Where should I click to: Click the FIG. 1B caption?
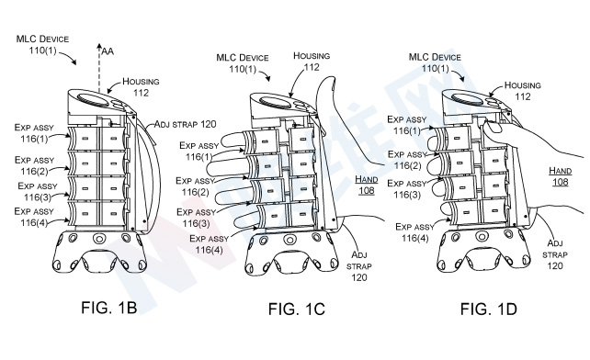pos(108,308)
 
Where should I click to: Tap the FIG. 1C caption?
pos(296,309)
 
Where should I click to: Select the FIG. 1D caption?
pos(488,309)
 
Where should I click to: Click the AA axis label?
pos(108,51)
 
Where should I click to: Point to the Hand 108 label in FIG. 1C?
pos(366,185)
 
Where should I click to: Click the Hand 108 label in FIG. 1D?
pos(561,176)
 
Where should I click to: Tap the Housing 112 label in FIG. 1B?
pos(141,87)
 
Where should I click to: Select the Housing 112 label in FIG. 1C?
pos(312,62)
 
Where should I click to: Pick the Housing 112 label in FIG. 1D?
pos(523,91)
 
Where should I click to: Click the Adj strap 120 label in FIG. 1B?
pos(185,124)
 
